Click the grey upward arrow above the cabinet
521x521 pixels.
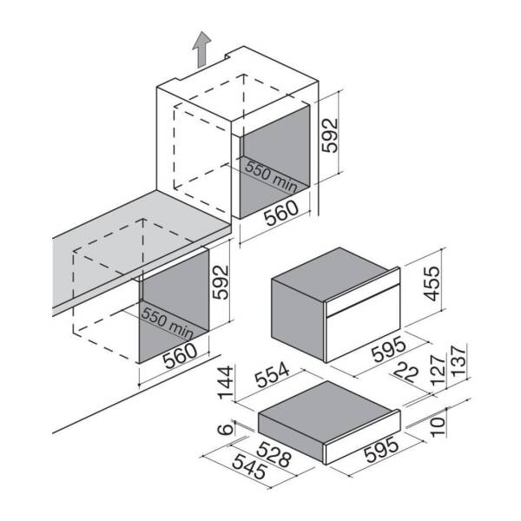click(201, 49)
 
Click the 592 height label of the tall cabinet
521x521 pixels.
click(330, 135)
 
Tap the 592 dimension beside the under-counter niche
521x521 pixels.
click(221, 281)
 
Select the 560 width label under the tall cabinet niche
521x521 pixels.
click(281, 213)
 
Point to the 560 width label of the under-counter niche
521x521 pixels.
click(181, 355)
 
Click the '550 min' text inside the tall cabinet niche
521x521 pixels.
click(271, 177)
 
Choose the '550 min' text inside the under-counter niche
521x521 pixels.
click(167, 323)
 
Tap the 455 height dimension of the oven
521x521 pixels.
click(432, 283)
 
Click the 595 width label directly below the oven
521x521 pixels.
click(389, 349)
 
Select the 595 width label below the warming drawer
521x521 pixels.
click(381, 450)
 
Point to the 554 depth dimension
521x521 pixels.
click(273, 375)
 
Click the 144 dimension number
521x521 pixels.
click(225, 382)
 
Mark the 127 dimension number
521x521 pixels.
click(438, 370)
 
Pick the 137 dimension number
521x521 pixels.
click(458, 361)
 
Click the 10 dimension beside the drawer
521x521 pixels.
click(438, 426)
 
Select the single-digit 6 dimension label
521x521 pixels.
click(225, 428)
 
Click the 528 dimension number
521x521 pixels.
click(274, 454)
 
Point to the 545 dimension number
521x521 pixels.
click(249, 466)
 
